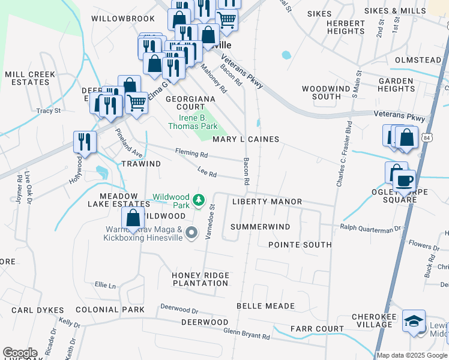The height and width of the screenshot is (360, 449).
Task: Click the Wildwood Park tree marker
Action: (x=202, y=199)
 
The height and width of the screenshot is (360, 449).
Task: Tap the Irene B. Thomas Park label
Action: (x=193, y=122)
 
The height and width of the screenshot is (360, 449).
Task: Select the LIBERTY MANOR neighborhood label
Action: (x=267, y=202)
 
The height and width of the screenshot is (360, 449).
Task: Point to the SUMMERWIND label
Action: (x=260, y=227)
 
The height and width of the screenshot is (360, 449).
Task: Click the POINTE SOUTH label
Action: (x=300, y=245)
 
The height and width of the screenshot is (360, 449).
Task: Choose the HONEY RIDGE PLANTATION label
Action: (x=200, y=279)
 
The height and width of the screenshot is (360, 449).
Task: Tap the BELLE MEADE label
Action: (x=265, y=306)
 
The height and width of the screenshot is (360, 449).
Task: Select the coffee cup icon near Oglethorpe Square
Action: (x=405, y=179)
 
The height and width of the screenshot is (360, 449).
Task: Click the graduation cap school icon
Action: (x=414, y=321)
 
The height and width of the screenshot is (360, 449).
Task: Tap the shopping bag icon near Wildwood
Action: (x=133, y=218)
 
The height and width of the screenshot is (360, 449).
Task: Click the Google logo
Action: (x=20, y=353)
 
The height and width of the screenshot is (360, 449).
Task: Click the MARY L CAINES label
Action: (x=246, y=139)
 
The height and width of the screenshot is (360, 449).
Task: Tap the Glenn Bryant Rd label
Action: (x=246, y=334)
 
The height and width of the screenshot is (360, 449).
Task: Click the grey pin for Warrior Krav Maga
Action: (x=191, y=233)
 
